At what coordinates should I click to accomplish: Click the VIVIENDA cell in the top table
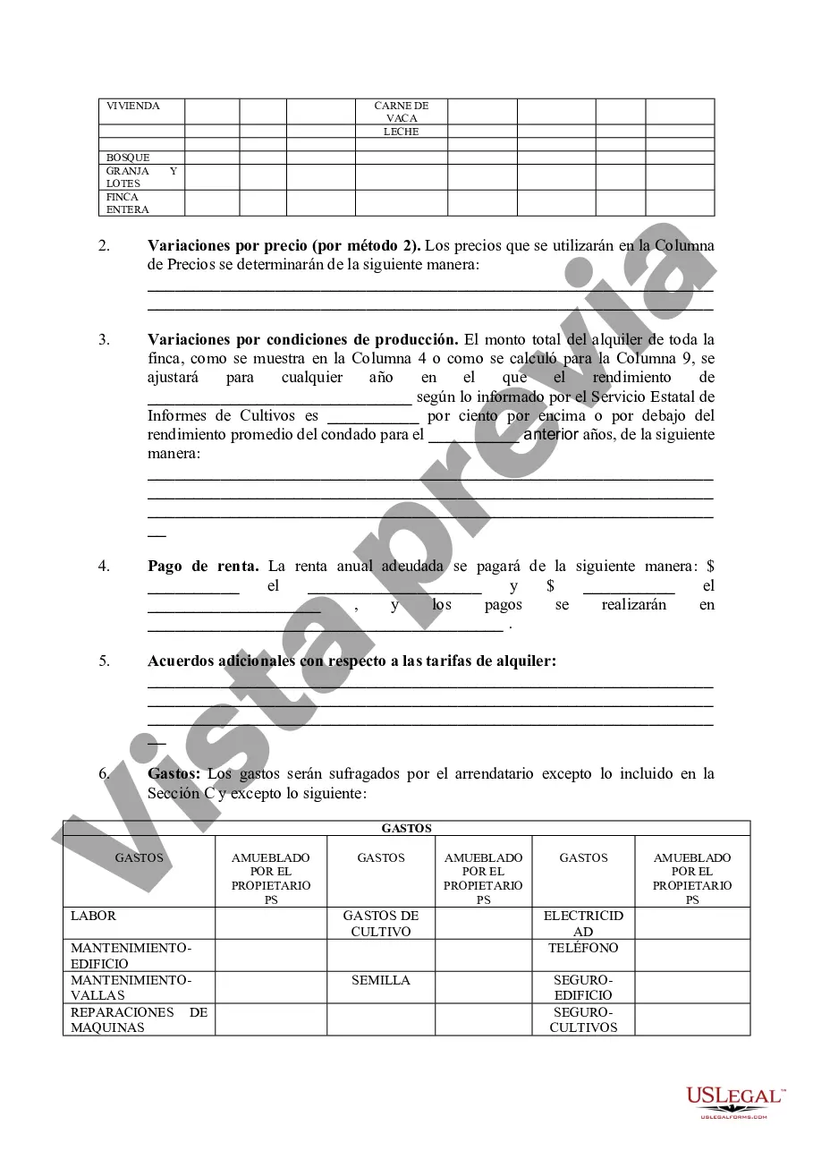(x=133, y=107)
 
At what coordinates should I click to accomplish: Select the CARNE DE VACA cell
(x=402, y=112)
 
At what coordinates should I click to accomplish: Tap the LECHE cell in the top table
(x=402, y=132)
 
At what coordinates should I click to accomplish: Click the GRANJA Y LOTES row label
(x=141, y=177)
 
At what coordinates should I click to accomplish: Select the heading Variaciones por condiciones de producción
(x=302, y=339)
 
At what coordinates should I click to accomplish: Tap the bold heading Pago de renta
(x=203, y=566)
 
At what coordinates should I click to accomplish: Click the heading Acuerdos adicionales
(x=351, y=661)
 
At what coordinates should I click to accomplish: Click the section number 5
(x=105, y=661)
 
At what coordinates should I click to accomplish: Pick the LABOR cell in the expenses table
(x=94, y=917)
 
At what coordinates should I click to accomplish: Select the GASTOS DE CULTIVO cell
(x=381, y=924)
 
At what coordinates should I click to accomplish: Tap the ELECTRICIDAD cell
(x=583, y=924)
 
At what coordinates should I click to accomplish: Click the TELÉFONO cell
(x=583, y=948)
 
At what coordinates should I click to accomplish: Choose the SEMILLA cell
(x=381, y=980)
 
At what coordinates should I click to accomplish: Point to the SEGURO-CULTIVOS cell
(x=583, y=1020)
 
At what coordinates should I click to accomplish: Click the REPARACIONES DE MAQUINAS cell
(x=139, y=1020)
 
